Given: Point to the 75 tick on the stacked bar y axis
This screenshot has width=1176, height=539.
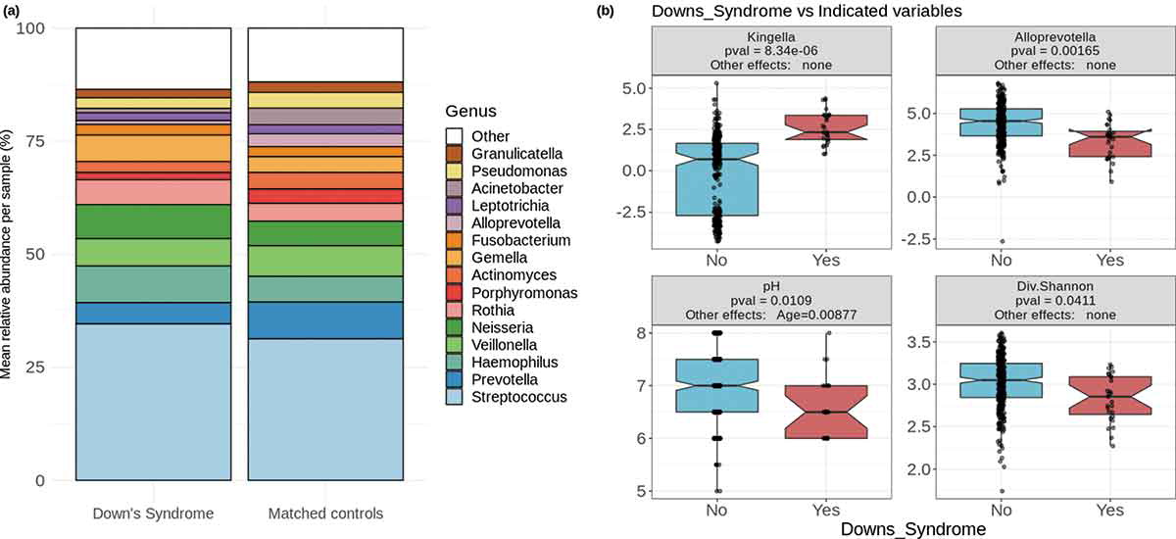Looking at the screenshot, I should point(37,140).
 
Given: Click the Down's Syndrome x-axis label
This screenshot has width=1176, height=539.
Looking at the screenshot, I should point(153,514).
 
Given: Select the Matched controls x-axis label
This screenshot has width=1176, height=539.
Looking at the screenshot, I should point(325,514).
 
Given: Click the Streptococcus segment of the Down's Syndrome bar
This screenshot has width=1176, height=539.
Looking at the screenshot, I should point(153,402).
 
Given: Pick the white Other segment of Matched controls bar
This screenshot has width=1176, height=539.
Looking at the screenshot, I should point(325,55).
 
